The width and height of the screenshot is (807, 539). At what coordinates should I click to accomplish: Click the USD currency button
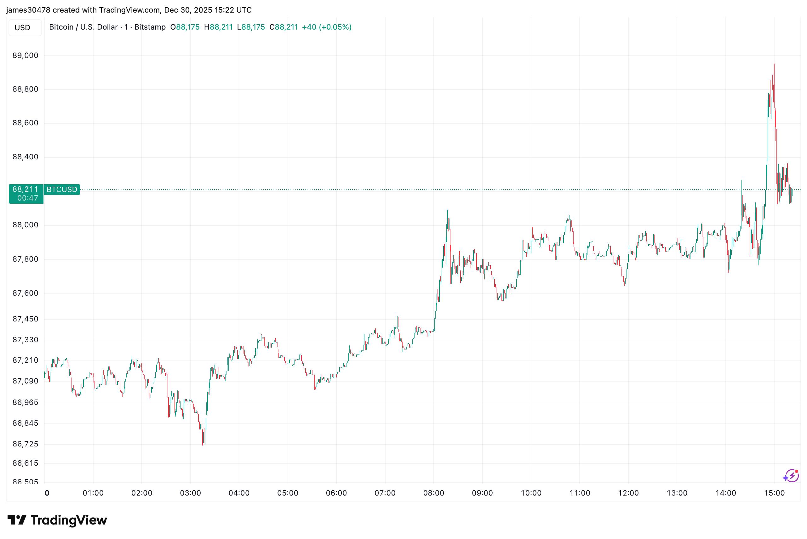tap(22, 27)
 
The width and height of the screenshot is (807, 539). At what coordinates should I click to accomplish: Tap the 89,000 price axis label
tap(26, 55)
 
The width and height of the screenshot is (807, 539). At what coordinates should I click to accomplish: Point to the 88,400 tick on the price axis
tap(26, 157)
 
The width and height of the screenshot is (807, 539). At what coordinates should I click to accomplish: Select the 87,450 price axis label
tap(26, 319)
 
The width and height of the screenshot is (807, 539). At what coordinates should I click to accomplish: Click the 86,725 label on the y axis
tap(26, 444)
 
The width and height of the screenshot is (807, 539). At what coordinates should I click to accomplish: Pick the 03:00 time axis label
tap(190, 493)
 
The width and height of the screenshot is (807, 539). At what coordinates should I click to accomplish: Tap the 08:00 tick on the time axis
tap(434, 493)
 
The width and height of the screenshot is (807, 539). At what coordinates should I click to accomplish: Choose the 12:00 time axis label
tap(628, 493)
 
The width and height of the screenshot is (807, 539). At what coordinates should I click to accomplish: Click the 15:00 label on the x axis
tap(774, 493)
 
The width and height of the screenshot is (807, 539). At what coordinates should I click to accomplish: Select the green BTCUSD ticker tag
tap(62, 190)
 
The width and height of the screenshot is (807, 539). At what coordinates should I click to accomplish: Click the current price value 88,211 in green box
tap(26, 189)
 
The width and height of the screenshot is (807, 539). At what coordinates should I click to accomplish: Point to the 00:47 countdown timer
tap(27, 198)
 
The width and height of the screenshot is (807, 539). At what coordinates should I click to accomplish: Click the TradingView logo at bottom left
tap(57, 520)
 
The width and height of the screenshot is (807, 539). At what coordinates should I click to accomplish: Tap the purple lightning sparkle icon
tap(791, 476)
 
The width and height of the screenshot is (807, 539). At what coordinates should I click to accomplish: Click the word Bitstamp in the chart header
tap(150, 27)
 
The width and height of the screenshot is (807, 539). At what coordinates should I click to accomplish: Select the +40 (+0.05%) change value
tap(327, 27)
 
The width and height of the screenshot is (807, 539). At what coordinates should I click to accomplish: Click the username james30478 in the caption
tap(28, 10)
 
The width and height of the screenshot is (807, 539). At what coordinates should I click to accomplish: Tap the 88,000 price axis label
tap(26, 225)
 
